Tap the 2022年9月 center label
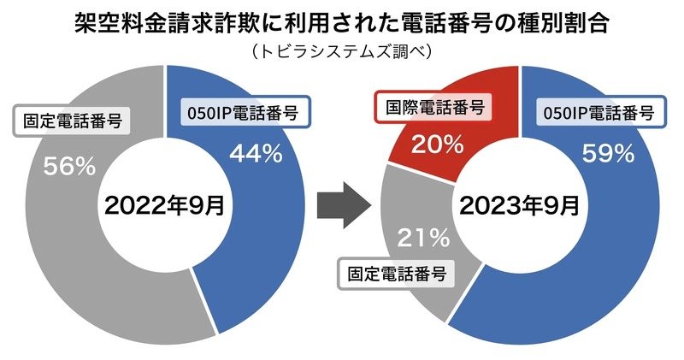coord(165,204)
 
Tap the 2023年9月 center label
coord(519,204)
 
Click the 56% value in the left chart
coord(70,166)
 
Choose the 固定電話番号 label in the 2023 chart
coord(397,274)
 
